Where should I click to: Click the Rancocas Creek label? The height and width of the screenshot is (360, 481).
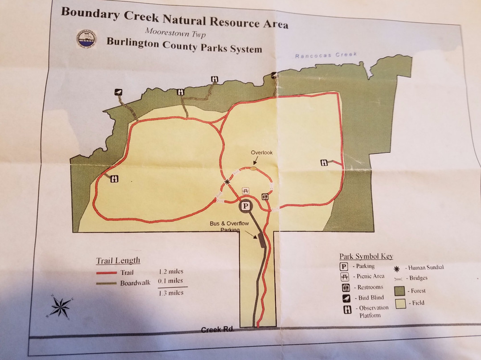(327, 55)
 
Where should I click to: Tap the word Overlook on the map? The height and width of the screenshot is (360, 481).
(261, 152)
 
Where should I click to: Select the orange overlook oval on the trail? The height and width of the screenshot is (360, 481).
(253, 168)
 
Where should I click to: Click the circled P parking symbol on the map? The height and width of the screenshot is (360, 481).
(245, 206)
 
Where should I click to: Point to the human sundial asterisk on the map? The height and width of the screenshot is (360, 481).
(227, 182)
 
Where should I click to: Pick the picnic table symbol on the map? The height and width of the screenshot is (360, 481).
(245, 191)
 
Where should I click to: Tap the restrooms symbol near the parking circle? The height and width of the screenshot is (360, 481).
(265, 196)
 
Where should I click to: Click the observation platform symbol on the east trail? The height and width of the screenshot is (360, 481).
(324, 163)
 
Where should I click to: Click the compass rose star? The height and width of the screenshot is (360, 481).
(60, 307)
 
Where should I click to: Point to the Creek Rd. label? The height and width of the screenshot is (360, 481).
(217, 330)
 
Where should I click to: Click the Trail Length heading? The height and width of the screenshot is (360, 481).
(118, 261)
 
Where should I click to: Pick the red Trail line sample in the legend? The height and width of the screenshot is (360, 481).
(106, 273)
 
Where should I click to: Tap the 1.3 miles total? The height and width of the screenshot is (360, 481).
(171, 293)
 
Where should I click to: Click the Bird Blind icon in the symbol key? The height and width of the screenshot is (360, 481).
(345, 298)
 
